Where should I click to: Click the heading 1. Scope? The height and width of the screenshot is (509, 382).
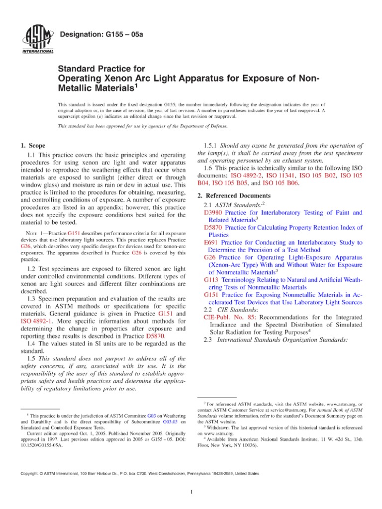(32, 146)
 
